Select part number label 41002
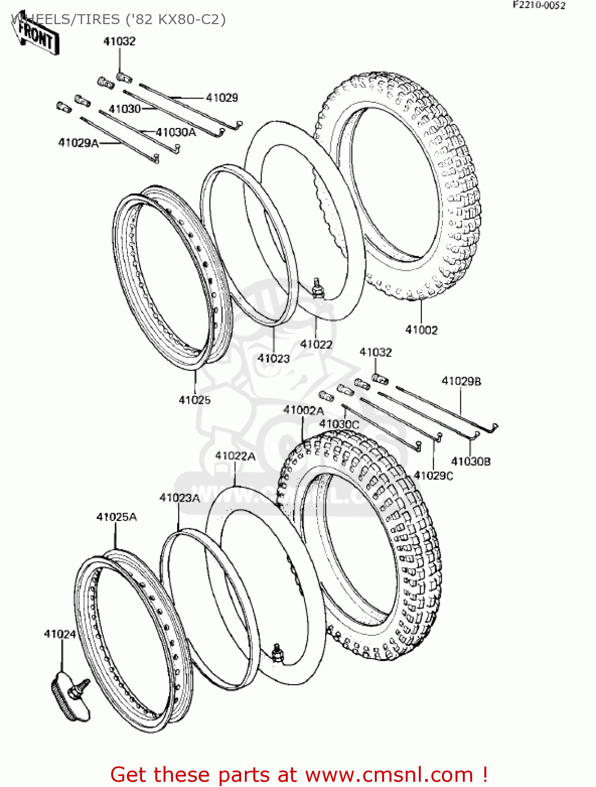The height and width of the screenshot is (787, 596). click(x=421, y=330)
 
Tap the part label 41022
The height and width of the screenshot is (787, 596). click(x=316, y=345)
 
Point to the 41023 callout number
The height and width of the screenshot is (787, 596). click(x=274, y=358)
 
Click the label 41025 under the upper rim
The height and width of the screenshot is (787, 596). click(x=194, y=400)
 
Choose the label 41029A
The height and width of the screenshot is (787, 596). click(x=79, y=143)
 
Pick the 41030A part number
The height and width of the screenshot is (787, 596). click(x=176, y=132)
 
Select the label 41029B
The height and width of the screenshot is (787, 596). click(x=461, y=381)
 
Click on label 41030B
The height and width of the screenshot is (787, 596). click(x=471, y=462)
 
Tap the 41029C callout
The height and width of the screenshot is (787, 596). click(x=434, y=476)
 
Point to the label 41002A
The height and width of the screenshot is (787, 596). click(x=304, y=410)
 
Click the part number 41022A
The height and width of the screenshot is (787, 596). click(x=235, y=456)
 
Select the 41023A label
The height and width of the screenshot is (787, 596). click(x=180, y=498)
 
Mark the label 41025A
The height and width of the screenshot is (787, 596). click(x=116, y=517)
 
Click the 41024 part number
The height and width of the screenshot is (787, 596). click(x=60, y=634)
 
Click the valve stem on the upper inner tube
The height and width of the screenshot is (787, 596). click(x=318, y=288)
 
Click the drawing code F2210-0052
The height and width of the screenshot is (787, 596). click(x=539, y=5)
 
